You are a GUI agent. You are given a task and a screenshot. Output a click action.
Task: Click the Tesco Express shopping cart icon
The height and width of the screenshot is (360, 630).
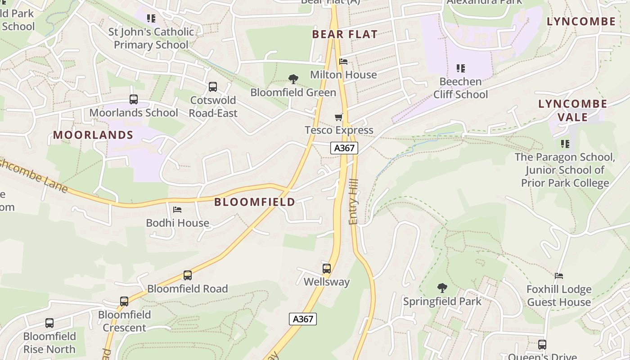[339, 117]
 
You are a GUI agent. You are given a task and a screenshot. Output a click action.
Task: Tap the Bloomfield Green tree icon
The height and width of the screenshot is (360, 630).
[293, 80]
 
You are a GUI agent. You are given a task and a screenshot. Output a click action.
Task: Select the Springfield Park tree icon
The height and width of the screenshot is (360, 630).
[442, 288]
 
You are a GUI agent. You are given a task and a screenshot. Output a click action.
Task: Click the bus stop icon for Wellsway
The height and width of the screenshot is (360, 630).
[327, 269]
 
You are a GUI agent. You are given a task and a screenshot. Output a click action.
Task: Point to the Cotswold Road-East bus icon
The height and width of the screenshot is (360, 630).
[213, 87]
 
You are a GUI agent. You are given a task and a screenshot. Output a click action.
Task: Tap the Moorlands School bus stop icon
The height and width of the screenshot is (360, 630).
[134, 99]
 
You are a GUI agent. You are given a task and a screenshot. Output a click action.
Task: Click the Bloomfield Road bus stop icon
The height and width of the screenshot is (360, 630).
[188, 275]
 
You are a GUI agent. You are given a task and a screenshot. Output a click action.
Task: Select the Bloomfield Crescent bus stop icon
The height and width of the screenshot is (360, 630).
[124, 301]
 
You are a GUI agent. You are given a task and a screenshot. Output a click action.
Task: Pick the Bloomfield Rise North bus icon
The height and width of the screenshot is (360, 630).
[49, 323]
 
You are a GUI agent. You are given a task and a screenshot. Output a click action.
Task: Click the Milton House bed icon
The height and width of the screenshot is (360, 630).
[343, 62]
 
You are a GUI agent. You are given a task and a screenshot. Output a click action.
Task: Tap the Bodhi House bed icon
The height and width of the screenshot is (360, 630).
[177, 210]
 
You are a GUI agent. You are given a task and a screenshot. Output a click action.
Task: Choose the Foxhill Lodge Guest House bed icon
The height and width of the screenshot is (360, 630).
[559, 276]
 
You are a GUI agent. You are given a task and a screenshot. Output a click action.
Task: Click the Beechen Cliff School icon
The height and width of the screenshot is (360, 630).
[460, 68]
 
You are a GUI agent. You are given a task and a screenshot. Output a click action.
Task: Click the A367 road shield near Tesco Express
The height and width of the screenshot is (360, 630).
[344, 148]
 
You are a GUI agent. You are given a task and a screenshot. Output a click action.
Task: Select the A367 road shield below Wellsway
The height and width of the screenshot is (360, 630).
[303, 319]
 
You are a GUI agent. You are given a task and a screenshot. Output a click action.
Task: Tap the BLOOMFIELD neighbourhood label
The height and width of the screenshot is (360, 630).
[255, 202]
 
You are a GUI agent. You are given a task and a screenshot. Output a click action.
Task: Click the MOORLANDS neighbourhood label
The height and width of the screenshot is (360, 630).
[93, 135]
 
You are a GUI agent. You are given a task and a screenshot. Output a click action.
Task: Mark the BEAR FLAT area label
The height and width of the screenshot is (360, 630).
[345, 35]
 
